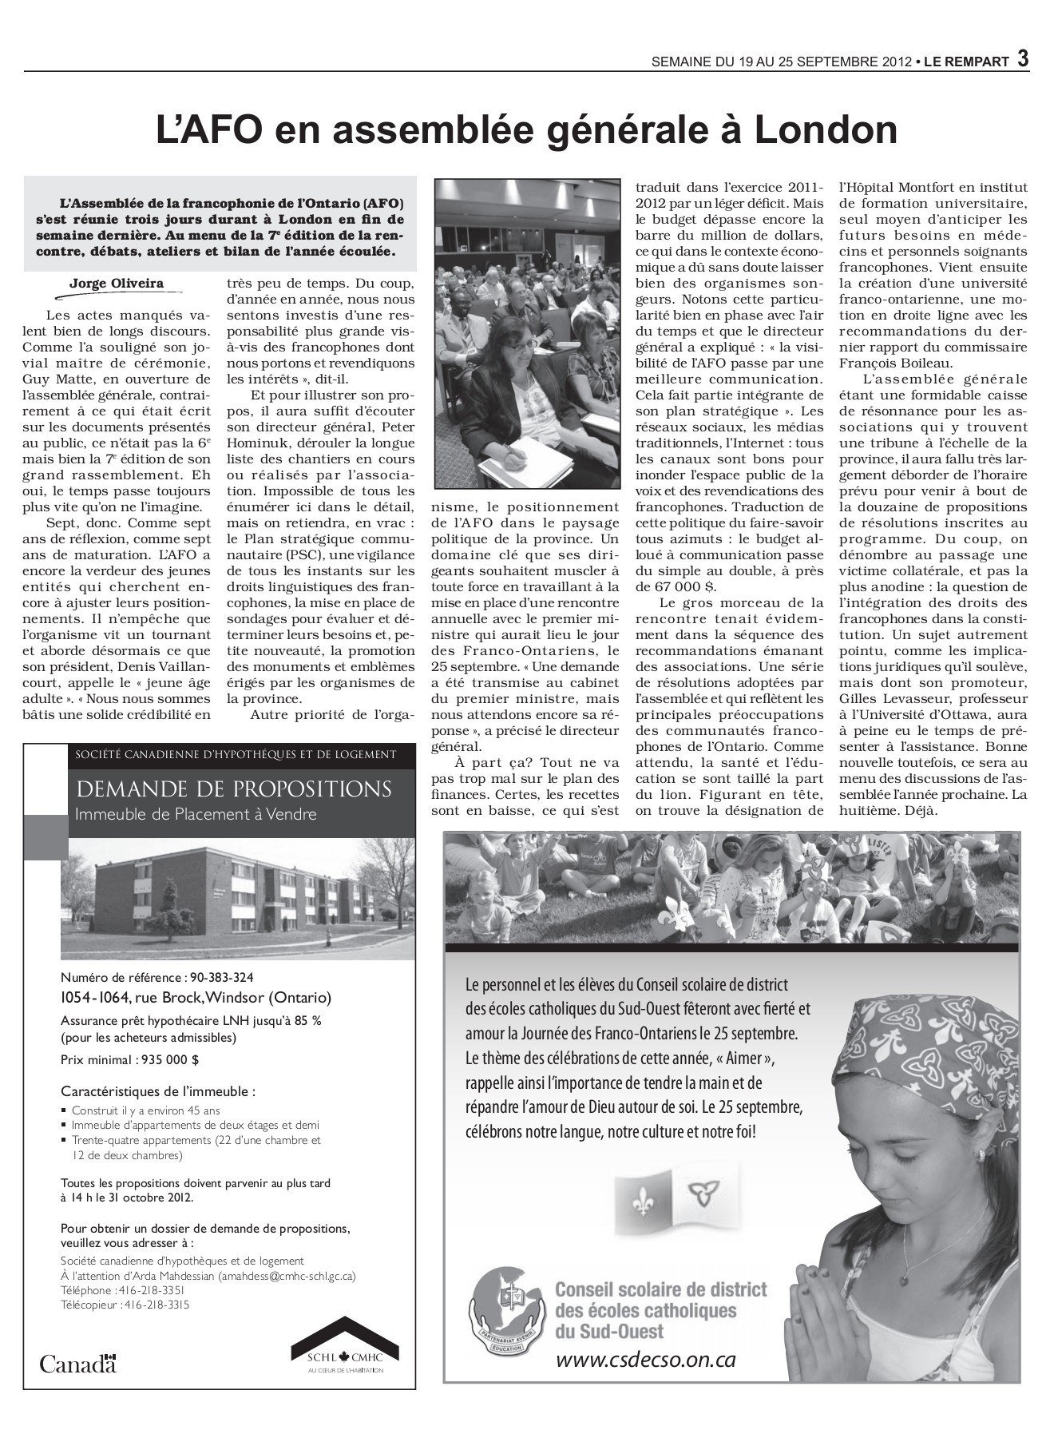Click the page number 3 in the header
click(x=1022, y=60)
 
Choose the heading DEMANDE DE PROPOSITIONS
click(x=234, y=789)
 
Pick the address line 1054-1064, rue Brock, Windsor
click(x=196, y=997)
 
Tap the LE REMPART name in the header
click(x=966, y=62)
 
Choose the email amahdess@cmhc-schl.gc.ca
click(x=287, y=1276)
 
